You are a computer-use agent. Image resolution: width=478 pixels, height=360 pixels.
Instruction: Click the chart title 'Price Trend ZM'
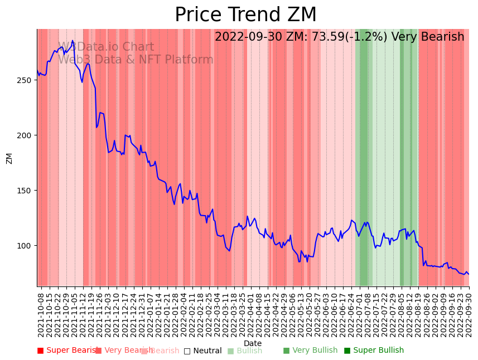(x=245, y=15)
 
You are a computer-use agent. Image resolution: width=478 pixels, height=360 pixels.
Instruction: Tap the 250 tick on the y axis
(x=26, y=80)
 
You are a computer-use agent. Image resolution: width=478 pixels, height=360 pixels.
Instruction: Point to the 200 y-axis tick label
(x=26, y=135)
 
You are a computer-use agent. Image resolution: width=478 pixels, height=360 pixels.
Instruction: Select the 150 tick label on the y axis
(x=26, y=191)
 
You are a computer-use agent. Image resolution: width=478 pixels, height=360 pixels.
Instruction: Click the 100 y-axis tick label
(x=26, y=246)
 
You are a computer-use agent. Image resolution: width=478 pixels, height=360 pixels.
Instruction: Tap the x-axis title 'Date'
(x=253, y=343)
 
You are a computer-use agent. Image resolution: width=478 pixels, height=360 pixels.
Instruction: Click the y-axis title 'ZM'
(x=9, y=158)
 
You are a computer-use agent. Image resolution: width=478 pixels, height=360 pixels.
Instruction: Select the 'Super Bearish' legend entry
(x=67, y=351)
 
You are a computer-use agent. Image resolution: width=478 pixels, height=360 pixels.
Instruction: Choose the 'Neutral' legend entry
(x=203, y=351)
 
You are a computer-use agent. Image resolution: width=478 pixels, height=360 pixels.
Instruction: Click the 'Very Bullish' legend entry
(x=310, y=351)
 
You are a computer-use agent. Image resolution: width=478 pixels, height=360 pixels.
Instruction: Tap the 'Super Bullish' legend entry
(x=374, y=351)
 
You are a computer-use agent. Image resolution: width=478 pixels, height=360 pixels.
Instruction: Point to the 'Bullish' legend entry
(x=245, y=351)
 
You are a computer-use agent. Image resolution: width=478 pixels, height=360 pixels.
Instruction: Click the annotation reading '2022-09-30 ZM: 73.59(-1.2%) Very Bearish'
(x=339, y=37)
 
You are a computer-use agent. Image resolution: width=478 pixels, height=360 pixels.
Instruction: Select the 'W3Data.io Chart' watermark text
(x=106, y=47)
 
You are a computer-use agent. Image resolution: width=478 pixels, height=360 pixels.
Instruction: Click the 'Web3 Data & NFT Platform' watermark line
(x=136, y=60)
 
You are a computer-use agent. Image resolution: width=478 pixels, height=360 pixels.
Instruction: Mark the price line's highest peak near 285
(x=73, y=41)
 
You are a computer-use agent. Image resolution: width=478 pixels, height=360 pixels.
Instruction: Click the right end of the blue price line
(x=469, y=274)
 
